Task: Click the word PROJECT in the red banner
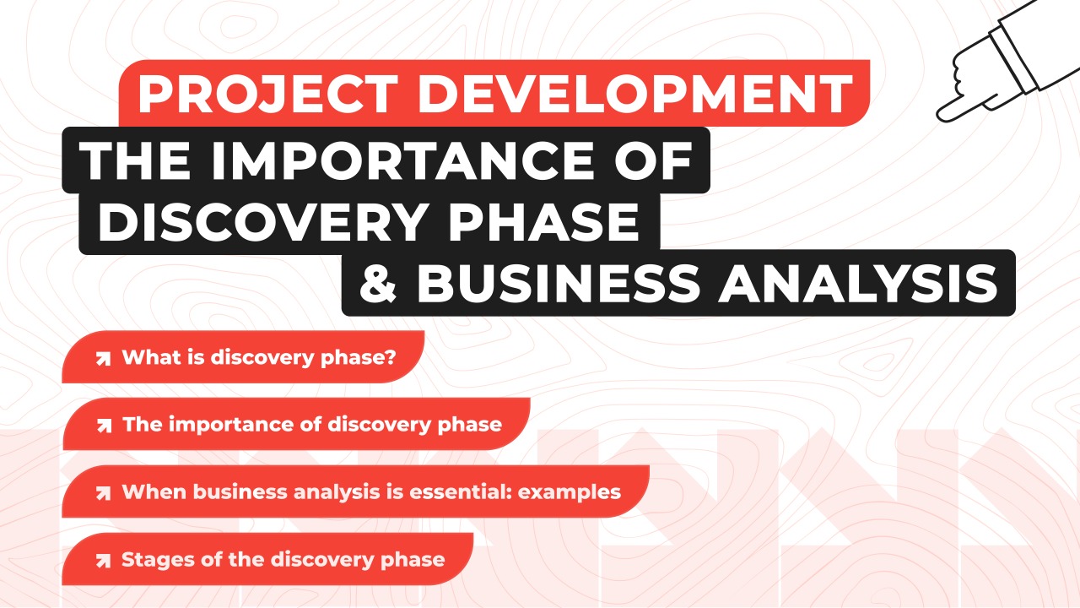(268, 94)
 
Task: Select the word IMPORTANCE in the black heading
(402, 160)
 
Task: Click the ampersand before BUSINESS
(378, 283)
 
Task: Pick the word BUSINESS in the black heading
(559, 283)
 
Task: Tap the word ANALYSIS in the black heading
(858, 283)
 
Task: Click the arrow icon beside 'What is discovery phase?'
(103, 359)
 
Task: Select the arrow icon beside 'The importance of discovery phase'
(104, 426)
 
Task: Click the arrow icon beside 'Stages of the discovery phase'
(103, 561)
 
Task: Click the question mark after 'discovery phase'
(391, 357)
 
